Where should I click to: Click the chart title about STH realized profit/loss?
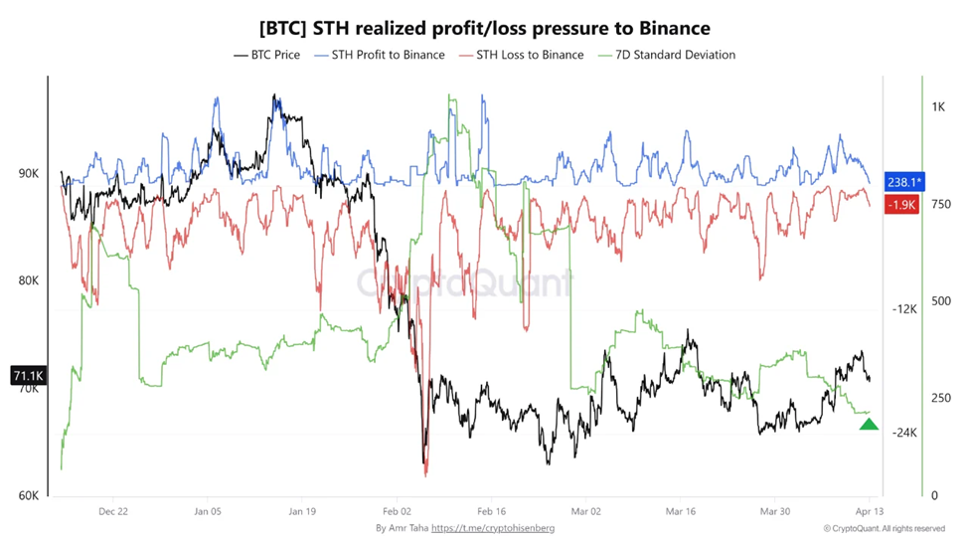pyautogui.click(x=484, y=28)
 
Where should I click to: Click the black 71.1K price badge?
pyautogui.click(x=27, y=376)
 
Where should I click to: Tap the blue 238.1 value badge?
pyautogui.click(x=904, y=182)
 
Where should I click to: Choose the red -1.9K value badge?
pyautogui.click(x=901, y=204)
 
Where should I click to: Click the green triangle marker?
pyautogui.click(x=869, y=425)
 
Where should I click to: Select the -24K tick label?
pyautogui.click(x=903, y=433)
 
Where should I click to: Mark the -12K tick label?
pyautogui.click(x=903, y=309)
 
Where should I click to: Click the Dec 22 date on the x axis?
pyautogui.click(x=113, y=511)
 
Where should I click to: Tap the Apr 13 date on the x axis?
pyautogui.click(x=868, y=511)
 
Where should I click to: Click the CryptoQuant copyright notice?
pyautogui.click(x=884, y=528)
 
